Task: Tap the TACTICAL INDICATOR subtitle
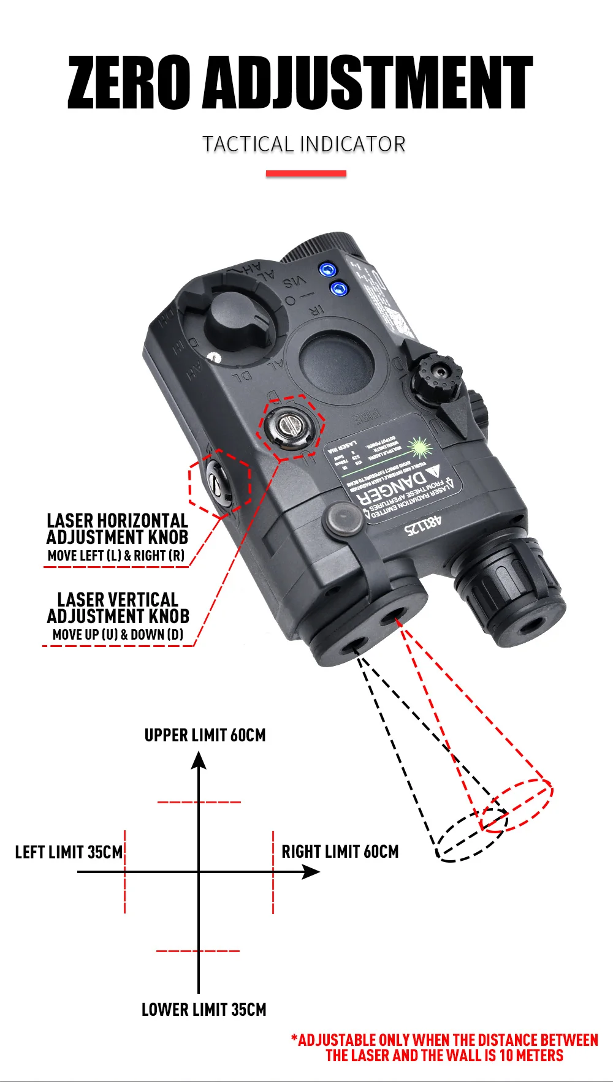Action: tap(304, 145)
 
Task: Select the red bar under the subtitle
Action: tap(306, 174)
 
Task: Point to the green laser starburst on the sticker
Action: tap(420, 447)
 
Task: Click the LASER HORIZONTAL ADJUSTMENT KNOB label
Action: tap(117, 529)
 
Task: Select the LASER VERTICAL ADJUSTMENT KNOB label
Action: tap(118, 608)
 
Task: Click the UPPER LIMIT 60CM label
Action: tap(205, 735)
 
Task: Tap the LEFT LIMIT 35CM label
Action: tap(69, 852)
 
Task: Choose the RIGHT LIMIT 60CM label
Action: tap(340, 852)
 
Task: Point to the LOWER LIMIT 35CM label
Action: tap(204, 1010)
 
